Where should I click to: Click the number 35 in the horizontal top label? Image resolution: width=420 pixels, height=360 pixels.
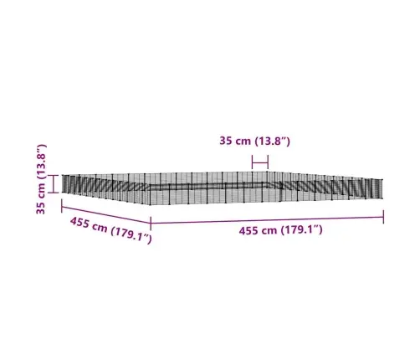click(226, 141)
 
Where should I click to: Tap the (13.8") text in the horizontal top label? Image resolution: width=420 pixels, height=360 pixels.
click(273, 141)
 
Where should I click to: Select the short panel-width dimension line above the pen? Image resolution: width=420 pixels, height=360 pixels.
click(260, 162)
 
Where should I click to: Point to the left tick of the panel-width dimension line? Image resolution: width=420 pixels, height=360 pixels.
click(252, 162)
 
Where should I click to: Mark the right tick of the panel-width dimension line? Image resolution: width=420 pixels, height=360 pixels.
click(268, 162)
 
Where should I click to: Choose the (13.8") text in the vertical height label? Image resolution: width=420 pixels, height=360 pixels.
click(41, 162)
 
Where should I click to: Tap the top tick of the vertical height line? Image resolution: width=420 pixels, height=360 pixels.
click(54, 175)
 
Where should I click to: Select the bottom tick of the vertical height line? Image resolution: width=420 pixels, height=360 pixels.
click(54, 193)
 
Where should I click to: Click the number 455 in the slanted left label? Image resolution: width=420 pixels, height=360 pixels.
click(79, 223)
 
